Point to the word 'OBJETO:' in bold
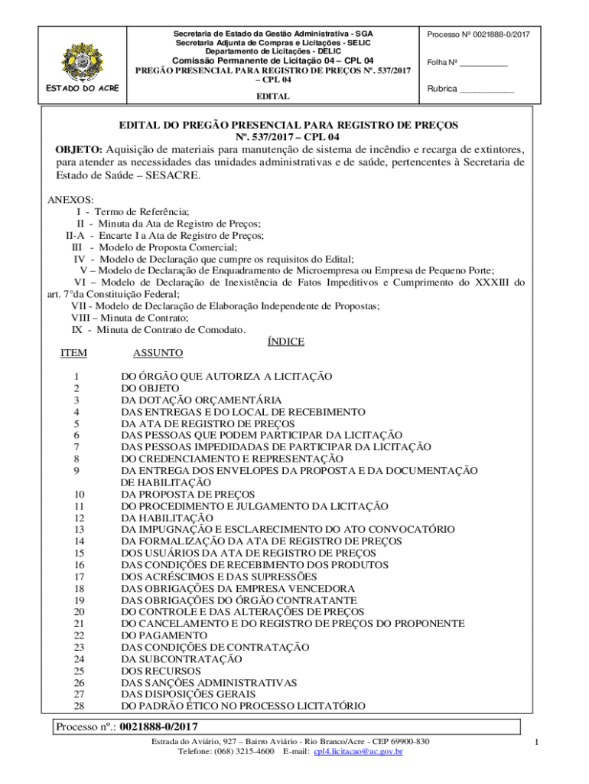click(x=79, y=149)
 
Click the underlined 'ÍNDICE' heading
click(x=285, y=341)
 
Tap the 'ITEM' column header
click(x=73, y=353)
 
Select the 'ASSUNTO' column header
click(x=158, y=353)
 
